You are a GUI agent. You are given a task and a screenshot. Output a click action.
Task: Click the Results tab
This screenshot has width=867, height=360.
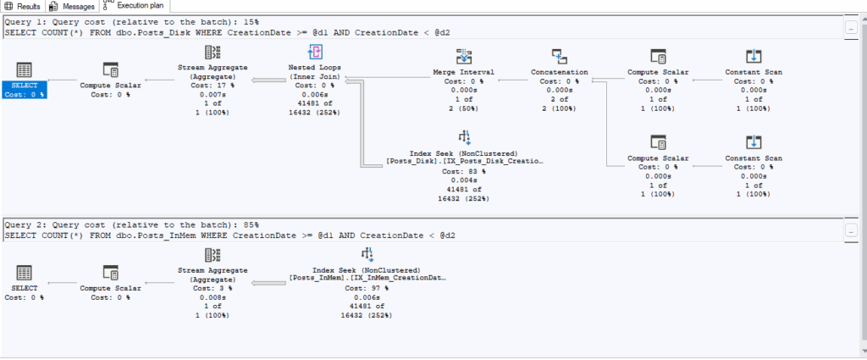[23, 6]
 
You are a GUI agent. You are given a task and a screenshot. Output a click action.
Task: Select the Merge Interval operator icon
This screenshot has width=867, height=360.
[464, 57]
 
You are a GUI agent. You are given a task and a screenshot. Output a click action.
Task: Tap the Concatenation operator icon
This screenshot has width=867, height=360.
[559, 57]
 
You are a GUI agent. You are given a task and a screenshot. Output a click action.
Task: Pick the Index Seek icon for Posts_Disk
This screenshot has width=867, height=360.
[464, 138]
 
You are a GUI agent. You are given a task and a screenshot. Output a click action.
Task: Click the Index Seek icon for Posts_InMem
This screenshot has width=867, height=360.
[367, 255]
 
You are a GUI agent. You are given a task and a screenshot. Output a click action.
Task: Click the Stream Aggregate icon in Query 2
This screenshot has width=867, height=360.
[213, 255]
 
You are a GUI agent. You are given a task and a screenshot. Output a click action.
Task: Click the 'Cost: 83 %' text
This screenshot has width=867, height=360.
[464, 172]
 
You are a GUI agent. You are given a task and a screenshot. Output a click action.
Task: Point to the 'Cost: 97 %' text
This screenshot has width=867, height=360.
[367, 288]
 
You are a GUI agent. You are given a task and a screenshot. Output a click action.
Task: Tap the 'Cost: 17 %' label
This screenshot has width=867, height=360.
[213, 86]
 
